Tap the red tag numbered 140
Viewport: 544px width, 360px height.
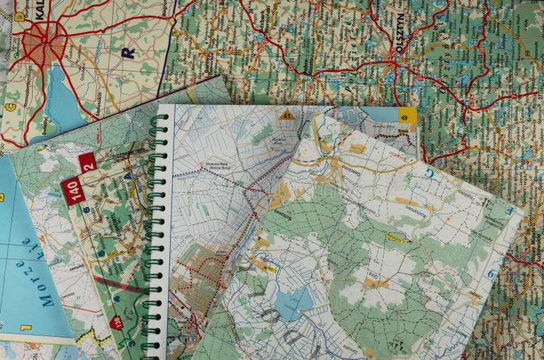(x=72, y=191)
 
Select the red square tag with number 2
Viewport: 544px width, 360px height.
(x=88, y=162)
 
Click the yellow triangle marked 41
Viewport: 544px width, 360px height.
(x=286, y=115)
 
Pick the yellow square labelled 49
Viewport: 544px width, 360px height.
(x=407, y=116)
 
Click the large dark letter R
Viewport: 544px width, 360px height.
(x=127, y=52)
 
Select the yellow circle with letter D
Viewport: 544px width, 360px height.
(x=19, y=16)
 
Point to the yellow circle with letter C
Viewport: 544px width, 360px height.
(x=10, y=107)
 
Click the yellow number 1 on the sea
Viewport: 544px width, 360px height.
(x=26, y=327)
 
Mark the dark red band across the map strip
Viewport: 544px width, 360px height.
(x=117, y=284)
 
